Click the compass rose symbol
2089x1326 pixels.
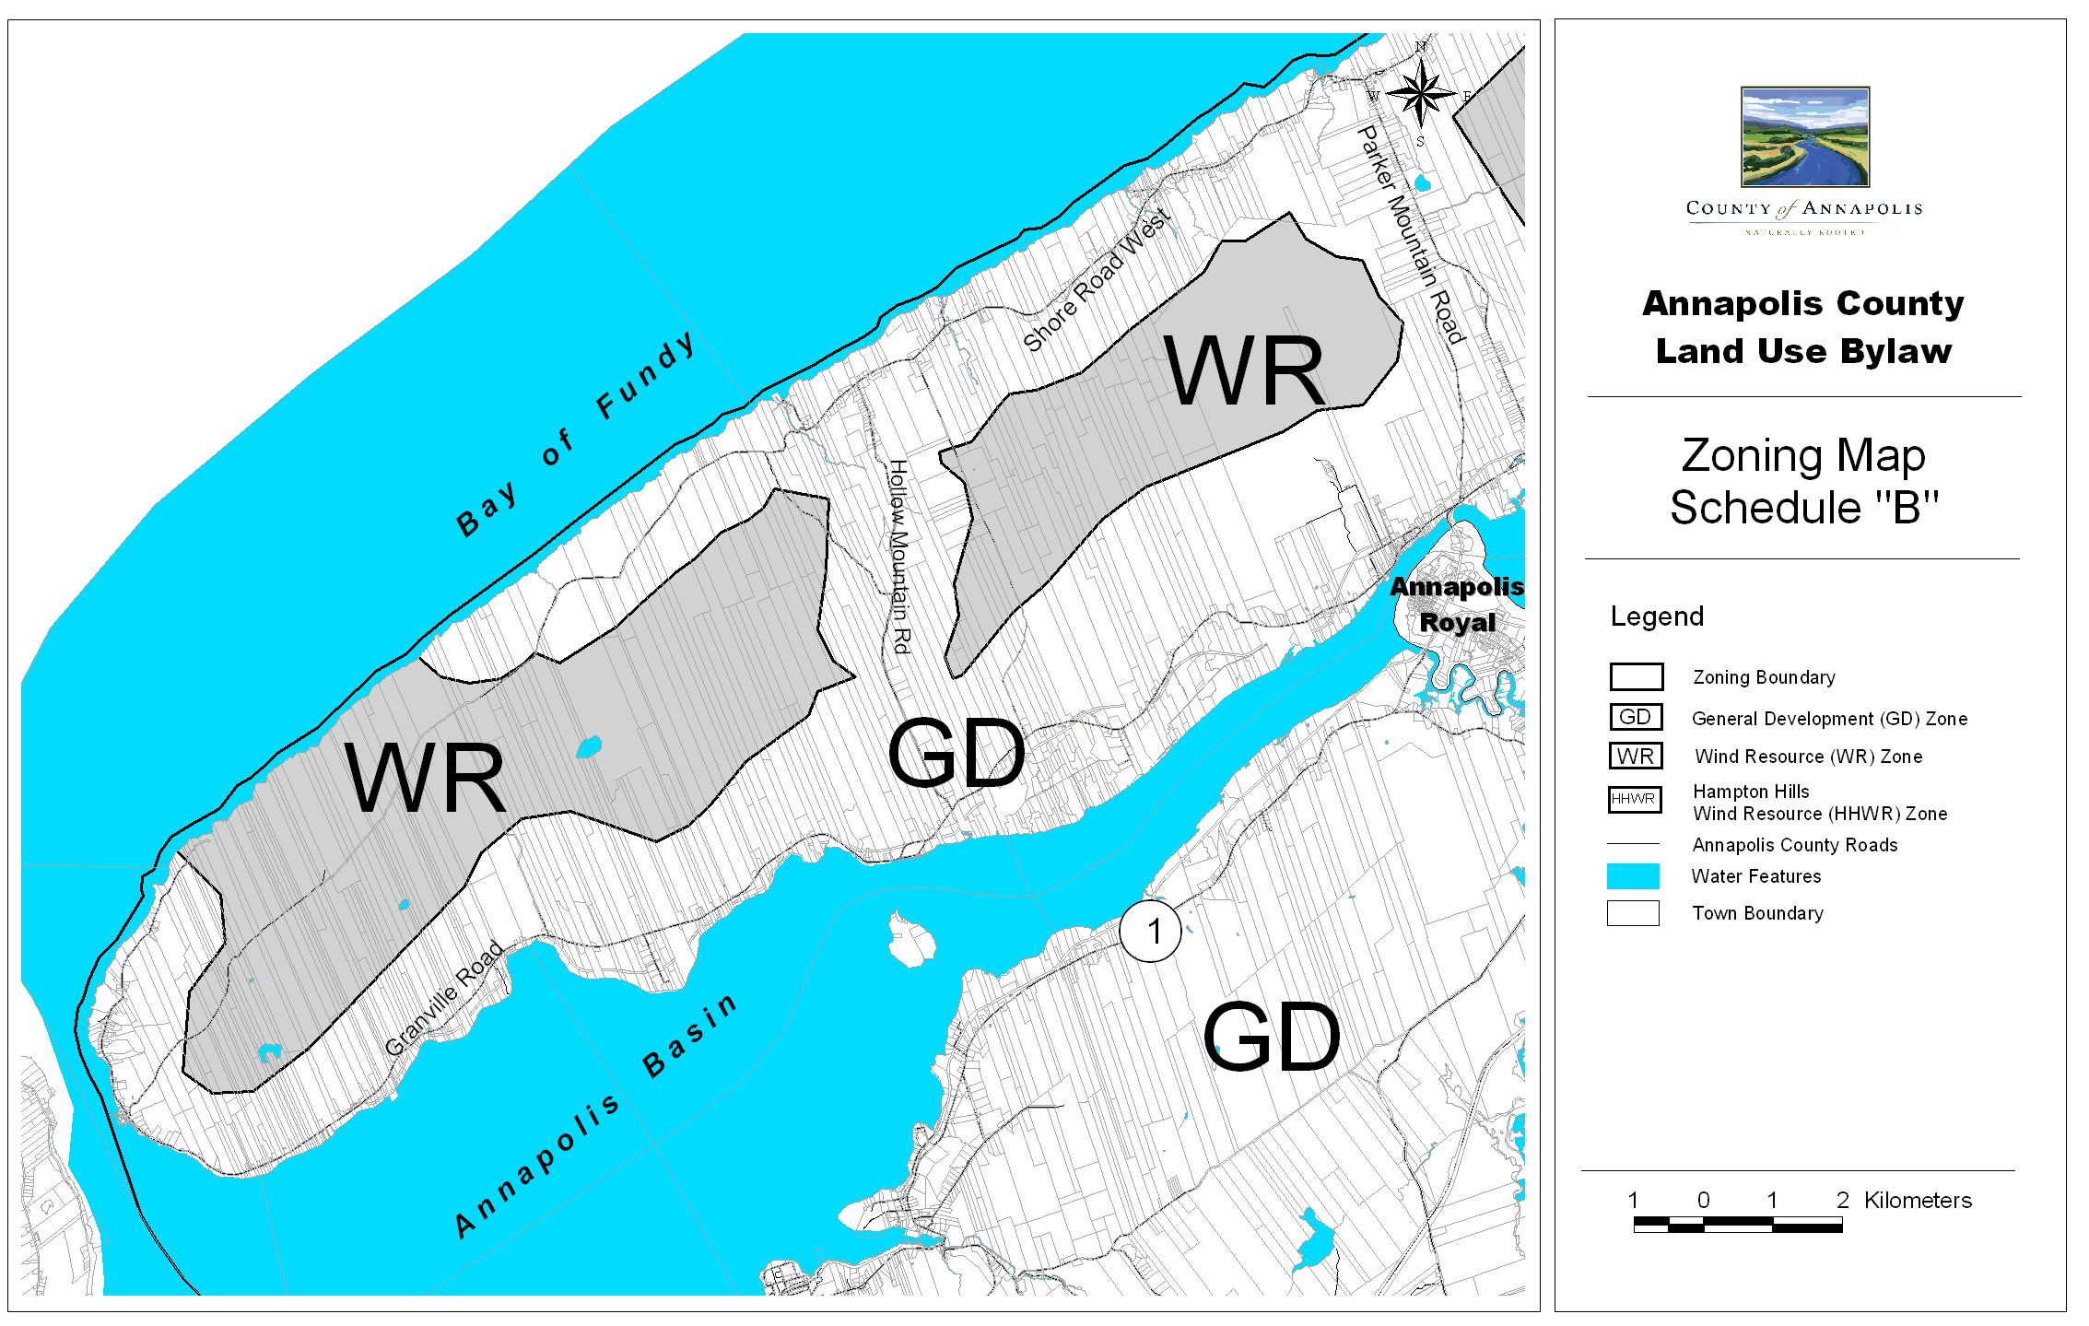(x=1421, y=93)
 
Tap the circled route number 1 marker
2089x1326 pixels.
(x=1150, y=932)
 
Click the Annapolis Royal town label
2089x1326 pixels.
(x=1456, y=604)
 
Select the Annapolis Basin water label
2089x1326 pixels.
(x=596, y=1116)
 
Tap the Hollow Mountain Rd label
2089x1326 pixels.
(x=899, y=557)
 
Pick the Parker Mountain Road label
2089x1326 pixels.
(x=1411, y=235)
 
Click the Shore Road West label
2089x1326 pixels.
(x=1097, y=280)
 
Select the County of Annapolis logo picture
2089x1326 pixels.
(x=1804, y=137)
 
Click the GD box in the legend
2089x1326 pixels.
(x=1636, y=717)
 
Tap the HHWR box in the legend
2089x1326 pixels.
(x=1635, y=799)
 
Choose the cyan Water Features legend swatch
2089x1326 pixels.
(x=1633, y=875)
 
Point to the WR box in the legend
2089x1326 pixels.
(x=1636, y=756)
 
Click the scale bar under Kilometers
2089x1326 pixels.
(x=1737, y=1225)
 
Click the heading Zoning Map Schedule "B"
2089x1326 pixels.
(x=1803, y=481)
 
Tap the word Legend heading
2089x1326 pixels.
(x=1656, y=616)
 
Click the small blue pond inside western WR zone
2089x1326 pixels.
(x=589, y=746)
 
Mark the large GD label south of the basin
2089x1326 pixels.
(x=1271, y=1038)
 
